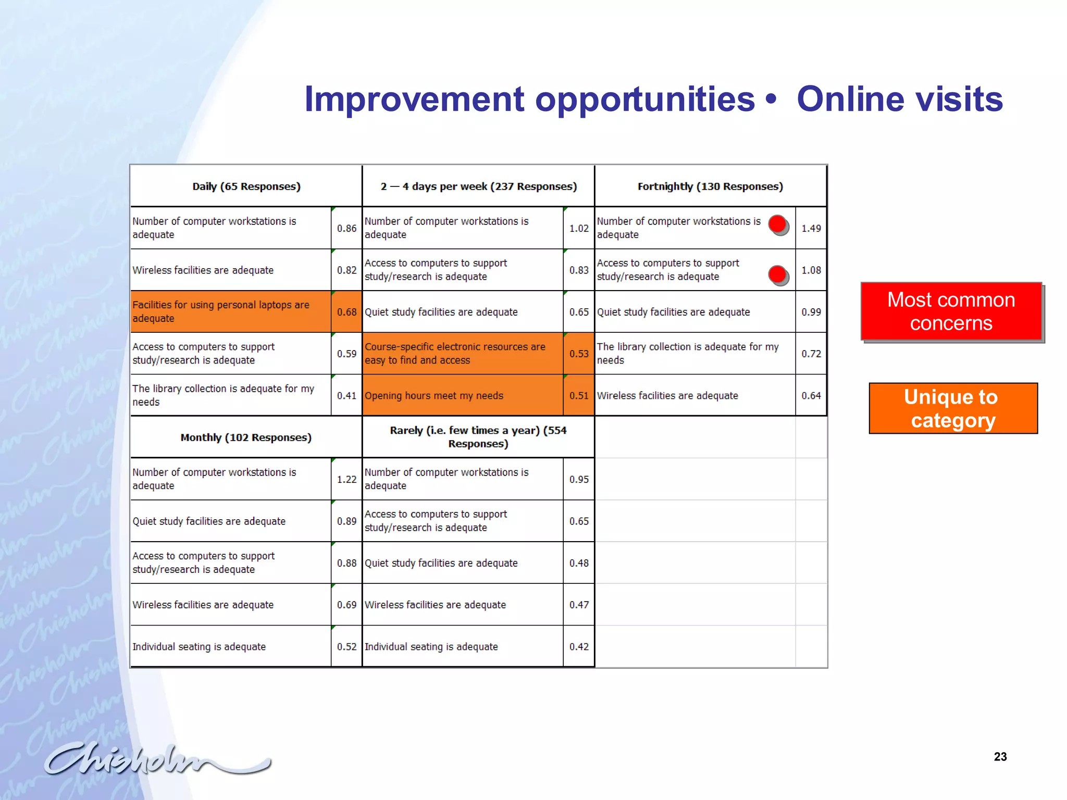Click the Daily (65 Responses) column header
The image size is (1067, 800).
tap(246, 186)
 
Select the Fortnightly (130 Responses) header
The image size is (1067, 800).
tap(710, 186)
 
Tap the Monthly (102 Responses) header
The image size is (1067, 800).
tap(246, 438)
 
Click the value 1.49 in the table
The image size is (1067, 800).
tap(811, 228)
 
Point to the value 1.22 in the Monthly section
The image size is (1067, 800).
tap(346, 479)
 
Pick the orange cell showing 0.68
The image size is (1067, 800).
tap(346, 312)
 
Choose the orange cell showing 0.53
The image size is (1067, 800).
tap(579, 354)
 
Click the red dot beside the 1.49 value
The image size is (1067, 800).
tap(777, 224)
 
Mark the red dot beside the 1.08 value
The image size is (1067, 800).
tap(777, 274)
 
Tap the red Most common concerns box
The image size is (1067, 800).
tap(951, 311)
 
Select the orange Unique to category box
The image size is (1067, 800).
tap(953, 408)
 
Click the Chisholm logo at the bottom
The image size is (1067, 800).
tap(156, 759)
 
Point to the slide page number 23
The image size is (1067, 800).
tap(1000, 757)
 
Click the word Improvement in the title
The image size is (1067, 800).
tap(414, 99)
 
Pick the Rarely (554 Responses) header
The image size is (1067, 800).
tap(478, 437)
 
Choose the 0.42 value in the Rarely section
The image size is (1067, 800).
tap(579, 646)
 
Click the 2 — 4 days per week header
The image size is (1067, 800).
tap(478, 186)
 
